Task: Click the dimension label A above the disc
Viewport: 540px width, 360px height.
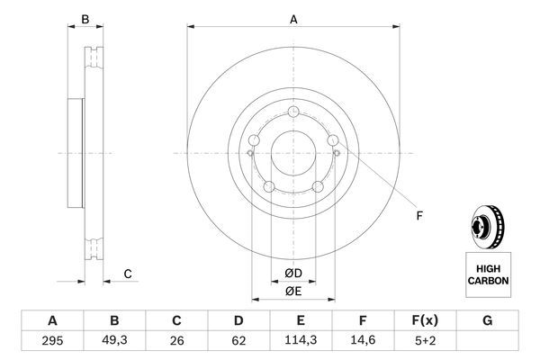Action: click(x=293, y=19)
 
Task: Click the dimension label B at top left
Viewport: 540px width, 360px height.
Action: click(x=85, y=19)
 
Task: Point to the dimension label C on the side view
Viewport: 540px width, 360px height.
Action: click(x=128, y=274)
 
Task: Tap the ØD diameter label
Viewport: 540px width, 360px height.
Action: click(x=293, y=274)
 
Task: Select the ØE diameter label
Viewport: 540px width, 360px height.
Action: click(x=293, y=291)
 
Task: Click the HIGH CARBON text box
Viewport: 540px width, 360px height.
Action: click(x=488, y=274)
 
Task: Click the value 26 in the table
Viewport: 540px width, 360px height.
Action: click(x=176, y=340)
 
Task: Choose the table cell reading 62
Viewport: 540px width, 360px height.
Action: click(x=238, y=340)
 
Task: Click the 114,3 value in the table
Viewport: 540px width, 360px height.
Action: click(x=301, y=340)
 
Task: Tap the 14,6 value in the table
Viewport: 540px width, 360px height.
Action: click(x=363, y=340)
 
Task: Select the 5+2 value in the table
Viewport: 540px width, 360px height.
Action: click(x=425, y=340)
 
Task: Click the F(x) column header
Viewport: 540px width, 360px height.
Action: click(x=425, y=319)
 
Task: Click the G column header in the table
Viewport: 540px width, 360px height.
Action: click(x=487, y=319)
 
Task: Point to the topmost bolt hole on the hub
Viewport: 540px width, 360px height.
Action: click(x=293, y=112)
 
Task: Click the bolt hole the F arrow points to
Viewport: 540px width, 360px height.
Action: click(x=334, y=140)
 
